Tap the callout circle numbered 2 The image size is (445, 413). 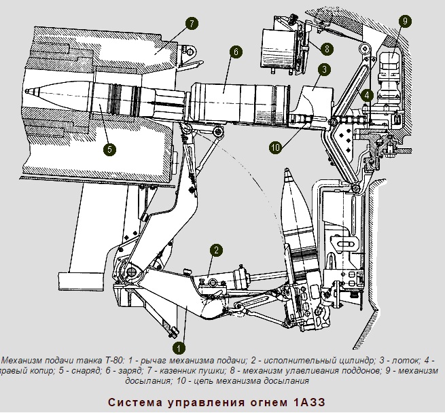pyautogui.click(x=215, y=250)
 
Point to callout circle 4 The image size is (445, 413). pyautogui.click(x=367, y=95)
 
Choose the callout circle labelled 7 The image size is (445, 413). pyautogui.click(x=191, y=24)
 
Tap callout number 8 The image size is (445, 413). pyautogui.click(x=327, y=49)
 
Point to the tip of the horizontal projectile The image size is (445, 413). pyautogui.click(x=25, y=92)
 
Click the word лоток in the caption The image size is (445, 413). pyautogui.click(x=397, y=359)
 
